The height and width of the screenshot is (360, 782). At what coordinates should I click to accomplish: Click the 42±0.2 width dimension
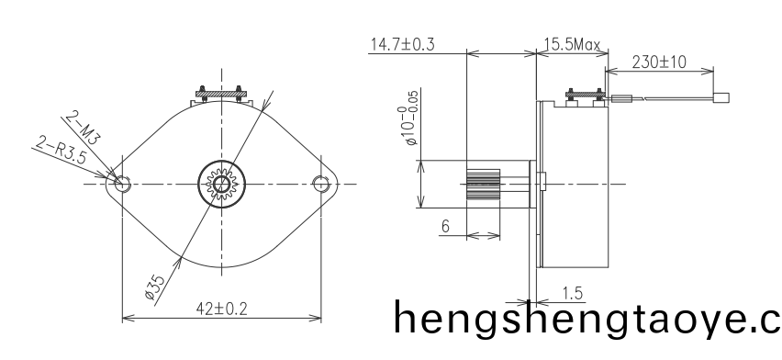tap(221, 309)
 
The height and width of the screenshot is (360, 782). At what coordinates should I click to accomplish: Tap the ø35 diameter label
tap(155, 287)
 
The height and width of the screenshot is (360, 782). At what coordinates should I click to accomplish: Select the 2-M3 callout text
tap(84, 128)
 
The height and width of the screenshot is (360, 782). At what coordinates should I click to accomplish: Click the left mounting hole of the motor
tap(122, 184)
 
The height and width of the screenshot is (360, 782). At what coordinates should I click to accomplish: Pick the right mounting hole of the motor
tap(320, 184)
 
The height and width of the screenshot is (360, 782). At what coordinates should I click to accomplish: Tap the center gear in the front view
tap(221, 184)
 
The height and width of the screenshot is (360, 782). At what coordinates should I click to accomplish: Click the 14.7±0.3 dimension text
tap(402, 44)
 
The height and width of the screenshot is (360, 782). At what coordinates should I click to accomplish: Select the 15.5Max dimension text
tap(572, 44)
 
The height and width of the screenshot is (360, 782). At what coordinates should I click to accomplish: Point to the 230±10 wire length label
tap(659, 62)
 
